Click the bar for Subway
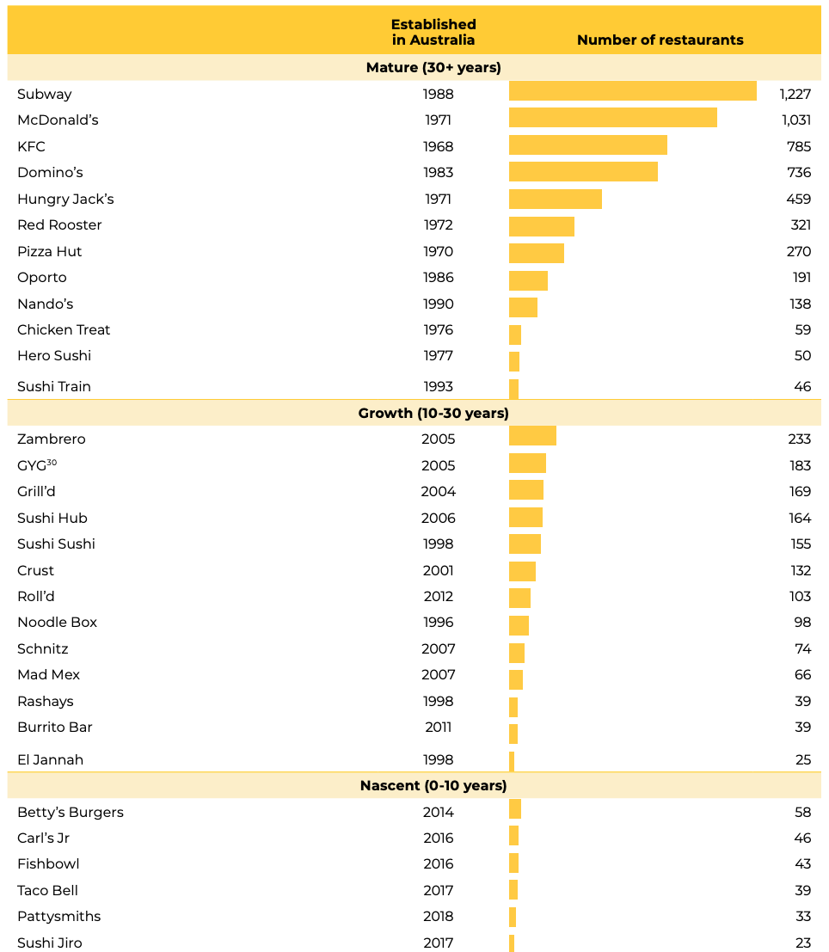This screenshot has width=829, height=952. pyautogui.click(x=632, y=91)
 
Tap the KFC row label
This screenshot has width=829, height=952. pyautogui.click(x=31, y=147)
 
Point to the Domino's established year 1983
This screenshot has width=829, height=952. pyautogui.click(x=438, y=173)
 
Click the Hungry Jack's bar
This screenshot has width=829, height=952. pyautogui.click(x=555, y=200)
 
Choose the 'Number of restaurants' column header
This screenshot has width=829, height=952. pyautogui.click(x=660, y=40)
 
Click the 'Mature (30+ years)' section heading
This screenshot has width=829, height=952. pyautogui.click(x=433, y=67)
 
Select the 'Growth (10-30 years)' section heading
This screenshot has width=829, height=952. pyautogui.click(x=433, y=414)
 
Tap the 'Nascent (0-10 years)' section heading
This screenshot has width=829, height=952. pyautogui.click(x=433, y=786)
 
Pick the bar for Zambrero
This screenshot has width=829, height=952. pyautogui.click(x=532, y=436)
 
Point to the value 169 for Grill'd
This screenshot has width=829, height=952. pyautogui.click(x=800, y=492)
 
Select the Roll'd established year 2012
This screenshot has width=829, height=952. pyautogui.click(x=438, y=597)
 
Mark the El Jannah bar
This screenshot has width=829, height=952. pyautogui.click(x=512, y=761)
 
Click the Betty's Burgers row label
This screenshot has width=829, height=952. pyautogui.click(x=71, y=813)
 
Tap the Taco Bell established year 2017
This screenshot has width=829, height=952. pyautogui.click(x=438, y=891)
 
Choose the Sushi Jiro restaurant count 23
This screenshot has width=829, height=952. pyautogui.click(x=803, y=943)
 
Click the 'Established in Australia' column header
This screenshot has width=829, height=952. pyautogui.click(x=433, y=33)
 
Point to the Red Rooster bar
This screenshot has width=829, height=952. pyautogui.click(x=541, y=226)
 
